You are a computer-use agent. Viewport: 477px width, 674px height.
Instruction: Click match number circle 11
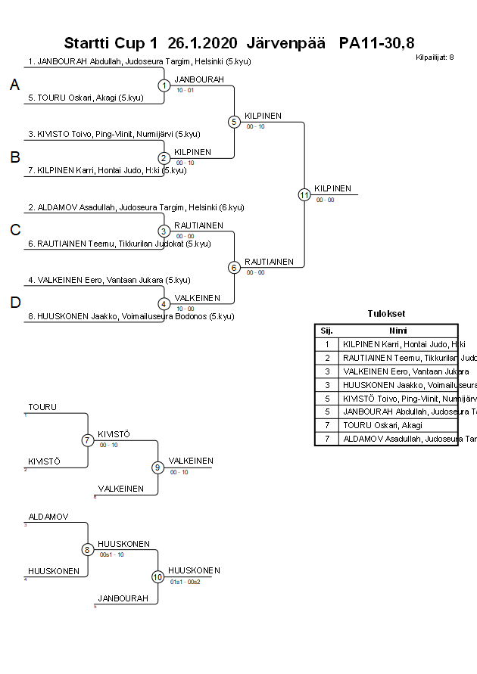click(304, 194)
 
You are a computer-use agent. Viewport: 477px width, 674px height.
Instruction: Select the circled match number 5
click(235, 122)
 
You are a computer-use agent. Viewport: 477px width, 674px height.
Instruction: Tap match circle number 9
click(158, 467)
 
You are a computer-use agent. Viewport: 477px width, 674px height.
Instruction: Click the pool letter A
click(14, 86)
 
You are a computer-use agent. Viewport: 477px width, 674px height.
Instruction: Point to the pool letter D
click(14, 303)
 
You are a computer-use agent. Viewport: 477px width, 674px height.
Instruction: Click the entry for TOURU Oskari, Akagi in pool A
click(86, 98)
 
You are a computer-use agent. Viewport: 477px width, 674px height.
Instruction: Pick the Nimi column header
click(398, 331)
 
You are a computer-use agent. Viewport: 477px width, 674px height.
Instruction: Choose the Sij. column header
click(326, 331)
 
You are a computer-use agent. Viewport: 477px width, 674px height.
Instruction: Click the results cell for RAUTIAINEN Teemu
click(398, 357)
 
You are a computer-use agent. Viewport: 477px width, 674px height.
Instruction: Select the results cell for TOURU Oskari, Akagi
click(398, 425)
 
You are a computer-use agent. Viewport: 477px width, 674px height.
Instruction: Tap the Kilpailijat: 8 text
click(435, 57)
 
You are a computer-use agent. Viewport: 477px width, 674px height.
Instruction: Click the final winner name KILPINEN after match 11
click(333, 188)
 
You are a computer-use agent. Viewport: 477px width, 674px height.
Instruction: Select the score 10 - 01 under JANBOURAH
click(185, 90)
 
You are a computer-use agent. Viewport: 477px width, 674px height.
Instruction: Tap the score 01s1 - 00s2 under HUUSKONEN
click(185, 582)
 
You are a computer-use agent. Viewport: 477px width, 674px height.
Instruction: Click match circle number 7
click(88, 440)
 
